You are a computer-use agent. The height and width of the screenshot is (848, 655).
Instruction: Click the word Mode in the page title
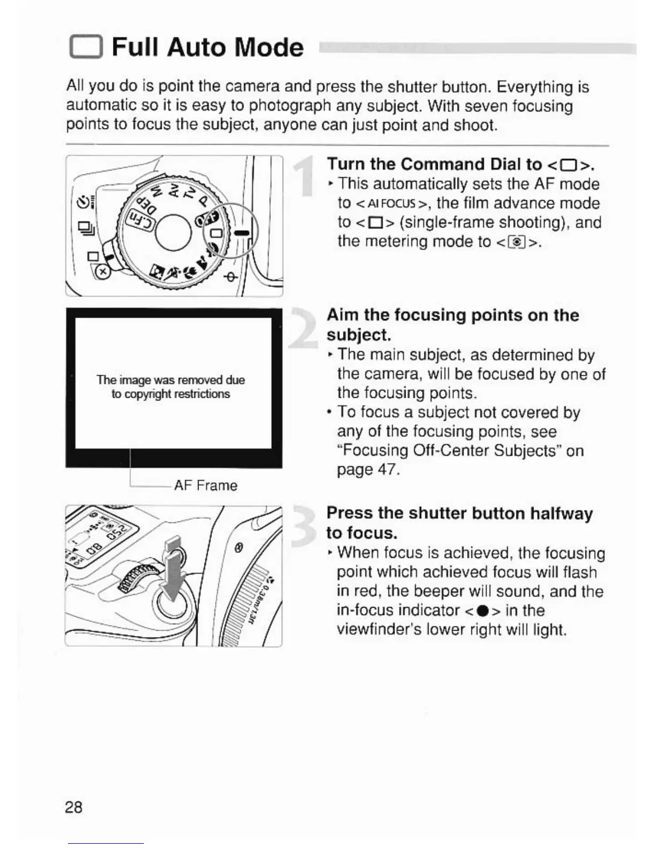(269, 48)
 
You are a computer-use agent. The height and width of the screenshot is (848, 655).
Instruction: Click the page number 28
(74, 807)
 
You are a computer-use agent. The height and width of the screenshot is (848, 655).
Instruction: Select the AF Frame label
(205, 486)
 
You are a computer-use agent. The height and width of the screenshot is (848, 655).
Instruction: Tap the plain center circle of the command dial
(173, 232)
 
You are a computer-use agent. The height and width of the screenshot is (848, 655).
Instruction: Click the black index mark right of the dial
(242, 233)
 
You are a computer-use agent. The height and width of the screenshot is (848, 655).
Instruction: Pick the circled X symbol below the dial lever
(103, 272)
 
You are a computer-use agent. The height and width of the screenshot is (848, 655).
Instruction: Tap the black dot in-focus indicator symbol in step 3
(486, 611)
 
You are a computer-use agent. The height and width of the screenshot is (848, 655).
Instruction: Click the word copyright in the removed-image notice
(148, 394)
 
